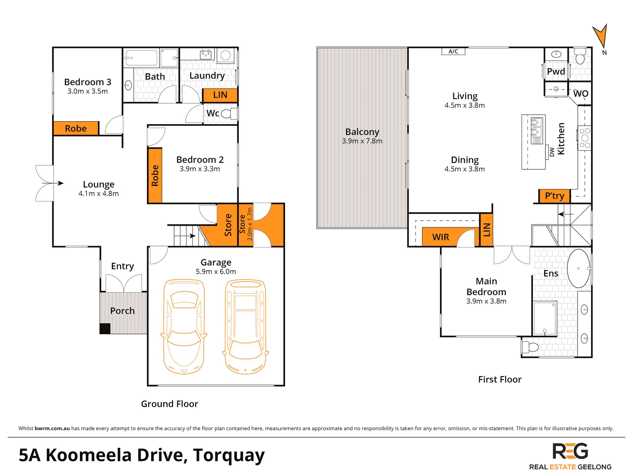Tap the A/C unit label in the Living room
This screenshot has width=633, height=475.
click(453, 51)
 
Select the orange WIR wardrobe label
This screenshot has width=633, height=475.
click(440, 237)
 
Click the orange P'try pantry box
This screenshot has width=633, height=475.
click(554, 196)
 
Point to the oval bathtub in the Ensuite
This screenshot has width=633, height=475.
click(579, 268)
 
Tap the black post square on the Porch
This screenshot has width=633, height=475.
click(105, 328)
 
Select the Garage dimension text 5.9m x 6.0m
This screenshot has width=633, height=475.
click(216, 272)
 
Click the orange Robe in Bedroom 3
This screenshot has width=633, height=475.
click(76, 129)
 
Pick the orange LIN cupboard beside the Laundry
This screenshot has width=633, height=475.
click(220, 95)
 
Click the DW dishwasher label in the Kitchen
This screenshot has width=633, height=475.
click(552, 152)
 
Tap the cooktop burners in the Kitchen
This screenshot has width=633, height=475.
click(584, 138)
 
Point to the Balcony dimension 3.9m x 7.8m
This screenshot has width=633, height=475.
click(362, 141)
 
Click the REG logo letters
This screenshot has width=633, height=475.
click(570, 451)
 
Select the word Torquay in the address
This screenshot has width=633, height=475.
click(229, 456)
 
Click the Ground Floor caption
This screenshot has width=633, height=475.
click(170, 404)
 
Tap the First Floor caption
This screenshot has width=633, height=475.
click(500, 379)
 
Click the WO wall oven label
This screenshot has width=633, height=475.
click(581, 94)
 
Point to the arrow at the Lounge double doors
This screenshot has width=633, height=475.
click(53, 183)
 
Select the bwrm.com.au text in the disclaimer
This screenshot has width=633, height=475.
click(52, 428)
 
